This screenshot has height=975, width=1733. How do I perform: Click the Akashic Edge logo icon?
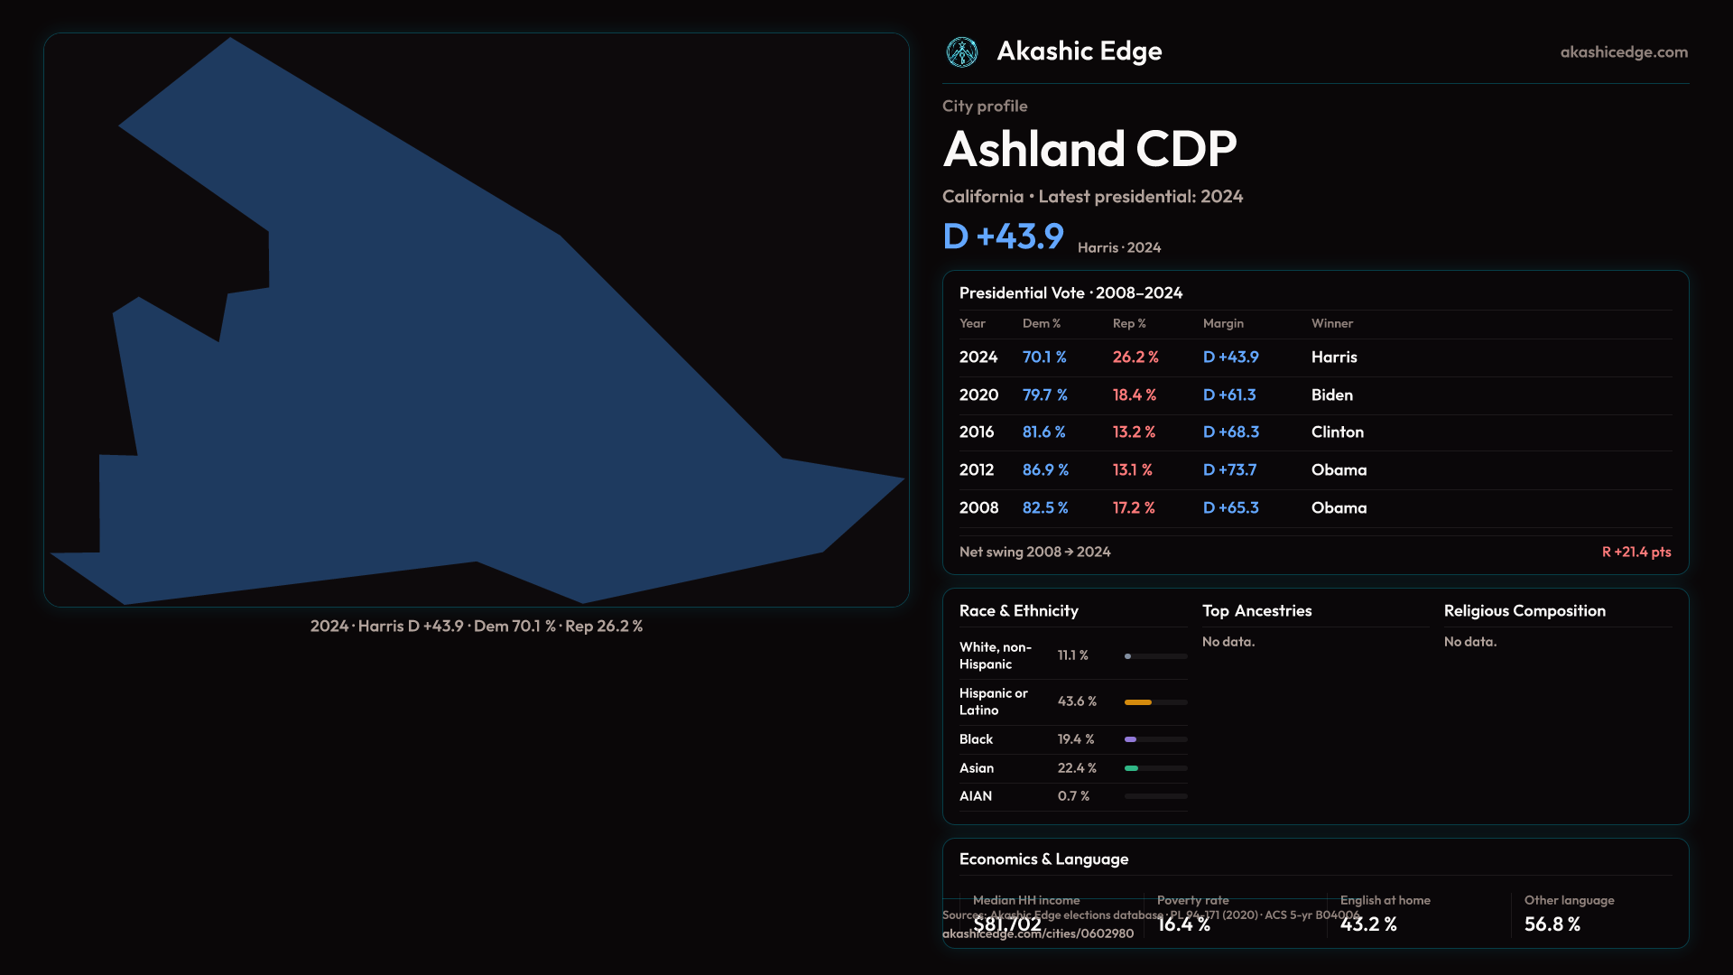coord(962,52)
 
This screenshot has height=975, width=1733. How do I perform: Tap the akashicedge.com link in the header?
coord(1624,52)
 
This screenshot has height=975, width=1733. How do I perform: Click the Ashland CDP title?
coord(1089,149)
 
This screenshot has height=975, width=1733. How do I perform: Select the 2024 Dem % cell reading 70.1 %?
coord(1044,357)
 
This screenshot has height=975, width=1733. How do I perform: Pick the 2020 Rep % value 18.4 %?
coord(1135,395)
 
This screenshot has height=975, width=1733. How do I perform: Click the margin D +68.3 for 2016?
coord(1231,432)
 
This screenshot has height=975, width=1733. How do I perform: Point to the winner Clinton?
coord(1338,432)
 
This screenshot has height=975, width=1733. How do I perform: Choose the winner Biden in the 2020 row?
coord(1332,395)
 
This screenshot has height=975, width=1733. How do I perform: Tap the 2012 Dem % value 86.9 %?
coord(1045,470)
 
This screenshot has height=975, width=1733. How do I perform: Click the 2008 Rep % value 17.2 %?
coord(1134,508)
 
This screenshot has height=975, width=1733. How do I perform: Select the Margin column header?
coord(1223,323)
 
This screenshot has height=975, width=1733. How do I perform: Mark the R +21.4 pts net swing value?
coord(1636,552)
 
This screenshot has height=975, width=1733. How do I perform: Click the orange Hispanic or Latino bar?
coord(1138,701)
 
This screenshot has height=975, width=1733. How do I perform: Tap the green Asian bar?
coord(1132,768)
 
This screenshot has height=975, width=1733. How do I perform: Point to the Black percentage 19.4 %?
coord(1076,739)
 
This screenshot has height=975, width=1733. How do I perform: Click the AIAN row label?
coord(976,796)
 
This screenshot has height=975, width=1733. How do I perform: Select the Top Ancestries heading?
coord(1257,611)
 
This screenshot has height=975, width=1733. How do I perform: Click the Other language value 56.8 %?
coord(1552,924)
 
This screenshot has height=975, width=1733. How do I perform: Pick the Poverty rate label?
coord(1193,900)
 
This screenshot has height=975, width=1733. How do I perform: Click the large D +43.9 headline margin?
coord(1004,237)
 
